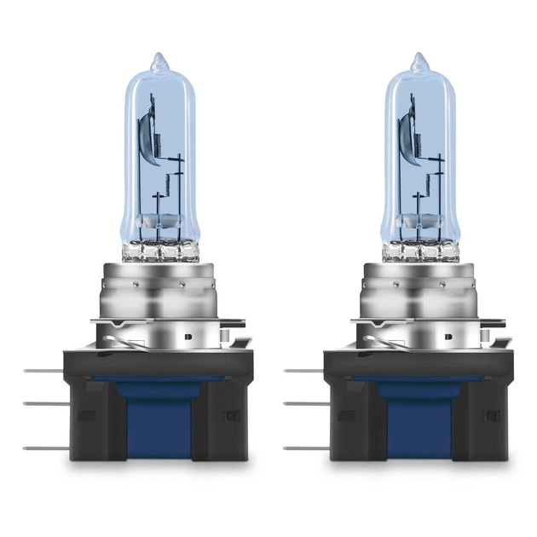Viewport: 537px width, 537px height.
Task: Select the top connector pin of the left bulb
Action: [x=38, y=371]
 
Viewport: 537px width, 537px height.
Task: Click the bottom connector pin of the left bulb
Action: [x=38, y=446]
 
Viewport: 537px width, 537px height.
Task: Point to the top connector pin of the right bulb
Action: [x=301, y=371]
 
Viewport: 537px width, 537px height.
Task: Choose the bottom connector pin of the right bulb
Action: [x=301, y=446]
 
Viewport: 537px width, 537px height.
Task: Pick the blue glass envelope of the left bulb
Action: [x=136, y=170]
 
